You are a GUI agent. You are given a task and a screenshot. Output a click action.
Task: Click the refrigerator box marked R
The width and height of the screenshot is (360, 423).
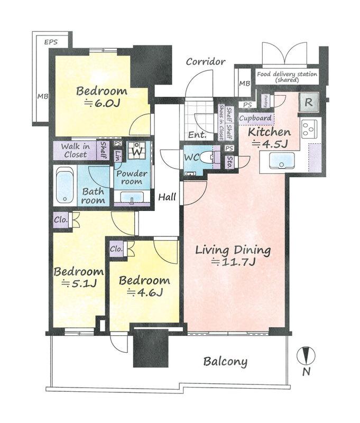309,102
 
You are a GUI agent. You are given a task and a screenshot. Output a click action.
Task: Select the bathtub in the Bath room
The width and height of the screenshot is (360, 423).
64,186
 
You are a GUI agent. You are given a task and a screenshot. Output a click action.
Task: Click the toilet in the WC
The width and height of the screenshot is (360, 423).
208,157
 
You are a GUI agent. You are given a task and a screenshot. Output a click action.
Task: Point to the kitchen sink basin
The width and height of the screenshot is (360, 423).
282,161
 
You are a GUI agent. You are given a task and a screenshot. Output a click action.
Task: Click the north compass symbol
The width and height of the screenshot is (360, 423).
306,356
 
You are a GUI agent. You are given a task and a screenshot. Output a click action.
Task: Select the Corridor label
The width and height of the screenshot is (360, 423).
206,62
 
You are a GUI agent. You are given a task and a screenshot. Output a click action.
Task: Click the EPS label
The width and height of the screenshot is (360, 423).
51,42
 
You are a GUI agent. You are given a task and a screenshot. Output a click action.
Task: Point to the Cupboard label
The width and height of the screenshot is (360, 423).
255,118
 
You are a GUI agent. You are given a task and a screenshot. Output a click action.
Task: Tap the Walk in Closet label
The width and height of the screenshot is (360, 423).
76,151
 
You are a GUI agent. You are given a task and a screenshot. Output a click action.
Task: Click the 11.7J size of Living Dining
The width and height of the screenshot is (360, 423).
233,262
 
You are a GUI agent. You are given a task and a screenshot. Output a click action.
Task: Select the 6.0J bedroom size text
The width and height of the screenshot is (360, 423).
102,103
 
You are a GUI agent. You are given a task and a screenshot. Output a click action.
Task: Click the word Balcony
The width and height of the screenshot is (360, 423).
225,362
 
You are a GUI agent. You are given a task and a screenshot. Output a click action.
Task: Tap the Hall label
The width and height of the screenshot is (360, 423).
167,197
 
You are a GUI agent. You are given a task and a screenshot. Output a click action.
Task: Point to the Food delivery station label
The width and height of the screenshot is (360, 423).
287,77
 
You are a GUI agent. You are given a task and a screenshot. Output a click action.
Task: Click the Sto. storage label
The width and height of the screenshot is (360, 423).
229,162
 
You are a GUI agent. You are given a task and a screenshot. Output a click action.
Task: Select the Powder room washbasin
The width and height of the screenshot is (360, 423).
132,197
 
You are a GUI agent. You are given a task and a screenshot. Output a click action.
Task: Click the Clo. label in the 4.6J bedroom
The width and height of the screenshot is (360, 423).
116,249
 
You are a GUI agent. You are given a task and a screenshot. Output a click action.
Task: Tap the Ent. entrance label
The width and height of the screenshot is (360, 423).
197,135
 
